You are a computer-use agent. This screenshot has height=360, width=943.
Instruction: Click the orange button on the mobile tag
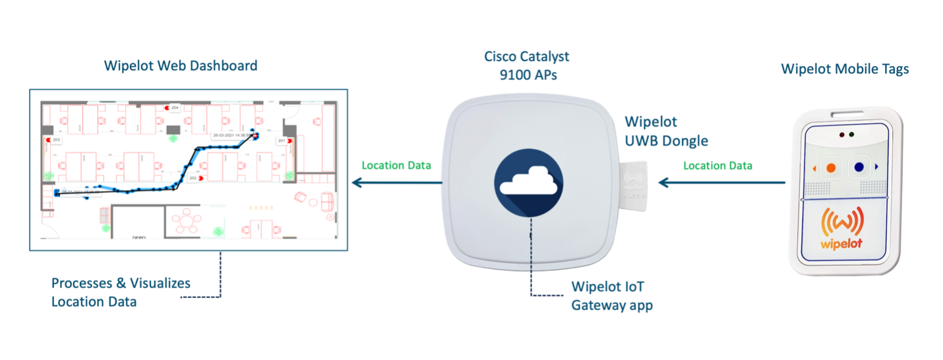[831, 167]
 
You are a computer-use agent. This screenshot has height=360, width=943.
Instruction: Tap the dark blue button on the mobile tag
[859, 167]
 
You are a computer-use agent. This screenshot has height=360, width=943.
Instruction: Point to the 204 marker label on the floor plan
[175, 107]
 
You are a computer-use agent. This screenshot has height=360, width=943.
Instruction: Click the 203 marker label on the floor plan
[57, 140]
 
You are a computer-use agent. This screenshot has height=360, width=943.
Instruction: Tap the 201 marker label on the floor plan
[282, 141]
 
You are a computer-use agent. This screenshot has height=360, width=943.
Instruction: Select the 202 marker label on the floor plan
[193, 178]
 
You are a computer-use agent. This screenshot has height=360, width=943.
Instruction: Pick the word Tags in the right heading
[893, 69]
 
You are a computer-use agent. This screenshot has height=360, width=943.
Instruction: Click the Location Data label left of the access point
[396, 165]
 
